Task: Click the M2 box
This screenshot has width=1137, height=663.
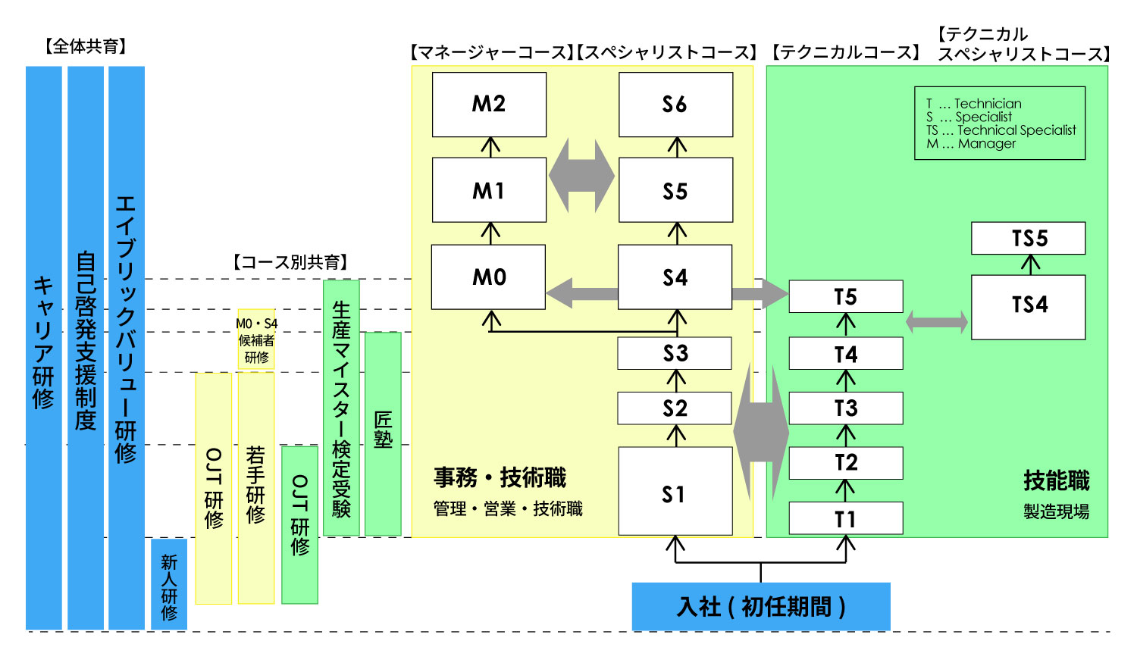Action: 489,105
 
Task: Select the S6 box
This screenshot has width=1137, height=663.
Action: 675,105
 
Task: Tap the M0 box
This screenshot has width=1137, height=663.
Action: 489,277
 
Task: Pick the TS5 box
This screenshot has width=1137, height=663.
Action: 1028,238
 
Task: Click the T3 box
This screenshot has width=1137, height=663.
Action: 845,408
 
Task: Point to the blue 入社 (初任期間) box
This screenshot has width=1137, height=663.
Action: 760,606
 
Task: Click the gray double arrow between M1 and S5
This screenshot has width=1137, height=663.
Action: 581,176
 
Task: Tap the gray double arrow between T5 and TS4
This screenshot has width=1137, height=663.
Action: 937,322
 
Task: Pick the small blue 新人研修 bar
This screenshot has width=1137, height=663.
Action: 168,583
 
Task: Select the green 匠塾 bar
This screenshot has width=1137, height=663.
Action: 383,433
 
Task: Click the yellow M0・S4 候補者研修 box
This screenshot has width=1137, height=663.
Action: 256,340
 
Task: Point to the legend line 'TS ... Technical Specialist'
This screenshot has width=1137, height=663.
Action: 1001,130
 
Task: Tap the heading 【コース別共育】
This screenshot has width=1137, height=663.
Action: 290,262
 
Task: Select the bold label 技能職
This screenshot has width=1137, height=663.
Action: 1056,480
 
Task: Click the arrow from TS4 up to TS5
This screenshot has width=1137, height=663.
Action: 1029,264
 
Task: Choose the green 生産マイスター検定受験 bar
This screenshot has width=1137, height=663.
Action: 341,408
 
